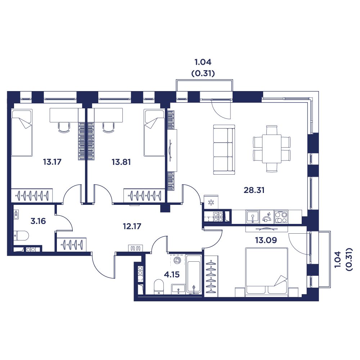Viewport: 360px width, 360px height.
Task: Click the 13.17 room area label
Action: point(52,162)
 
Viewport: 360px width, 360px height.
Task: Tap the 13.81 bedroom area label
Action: point(121,162)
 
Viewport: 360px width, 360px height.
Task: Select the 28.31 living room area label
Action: point(254,190)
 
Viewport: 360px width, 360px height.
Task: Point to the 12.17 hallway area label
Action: point(132,226)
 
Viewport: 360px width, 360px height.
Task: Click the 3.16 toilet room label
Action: point(38,221)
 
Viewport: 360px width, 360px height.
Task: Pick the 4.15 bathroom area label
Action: point(172,274)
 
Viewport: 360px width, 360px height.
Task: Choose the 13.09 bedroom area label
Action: point(266,240)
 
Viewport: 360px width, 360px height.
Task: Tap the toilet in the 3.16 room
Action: point(21,236)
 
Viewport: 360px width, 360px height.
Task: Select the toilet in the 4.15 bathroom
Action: point(158,287)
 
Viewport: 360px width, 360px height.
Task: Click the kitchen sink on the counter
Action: point(253,217)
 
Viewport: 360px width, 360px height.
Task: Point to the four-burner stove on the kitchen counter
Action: point(281,217)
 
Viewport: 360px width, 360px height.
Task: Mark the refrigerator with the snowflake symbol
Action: point(211,202)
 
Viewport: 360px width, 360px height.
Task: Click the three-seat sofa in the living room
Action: point(224,150)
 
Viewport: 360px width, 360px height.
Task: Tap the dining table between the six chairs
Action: point(272,149)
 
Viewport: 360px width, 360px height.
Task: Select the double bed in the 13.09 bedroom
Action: point(266,272)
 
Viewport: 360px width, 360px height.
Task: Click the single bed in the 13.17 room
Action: point(22,133)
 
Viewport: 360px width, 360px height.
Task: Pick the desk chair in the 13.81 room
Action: point(108,127)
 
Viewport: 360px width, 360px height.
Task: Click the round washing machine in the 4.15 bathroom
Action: point(177,260)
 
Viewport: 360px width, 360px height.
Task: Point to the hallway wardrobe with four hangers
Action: point(72,244)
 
